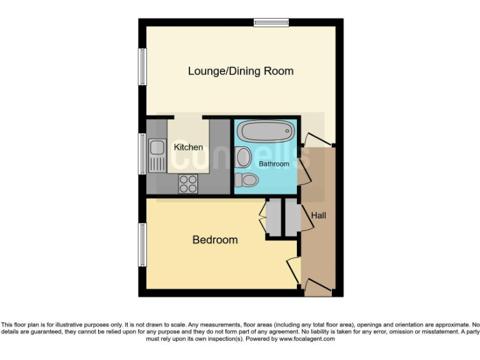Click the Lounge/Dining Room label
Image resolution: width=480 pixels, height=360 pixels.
pyautogui.click(x=241, y=71)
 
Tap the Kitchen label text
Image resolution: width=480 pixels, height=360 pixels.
pyautogui.click(x=188, y=147)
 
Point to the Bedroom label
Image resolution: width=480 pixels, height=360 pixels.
pyautogui.click(x=214, y=240)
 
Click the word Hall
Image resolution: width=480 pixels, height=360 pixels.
pyautogui.click(x=319, y=216)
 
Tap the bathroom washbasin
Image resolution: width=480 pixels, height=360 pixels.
pyautogui.click(x=243, y=156)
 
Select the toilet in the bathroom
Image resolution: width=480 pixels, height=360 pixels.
pyautogui.click(x=247, y=181)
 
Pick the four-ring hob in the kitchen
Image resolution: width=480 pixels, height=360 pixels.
pyautogui.click(x=188, y=183)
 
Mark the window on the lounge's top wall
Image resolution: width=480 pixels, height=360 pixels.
pyautogui.click(x=271, y=23)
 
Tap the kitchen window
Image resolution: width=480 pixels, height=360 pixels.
pyautogui.click(x=142, y=154)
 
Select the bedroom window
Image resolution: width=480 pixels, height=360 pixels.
pyautogui.click(x=142, y=245)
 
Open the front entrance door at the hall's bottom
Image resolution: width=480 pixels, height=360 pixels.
pyautogui.click(x=317, y=289)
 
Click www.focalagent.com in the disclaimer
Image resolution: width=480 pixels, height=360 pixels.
pyautogui.click(x=307, y=339)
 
